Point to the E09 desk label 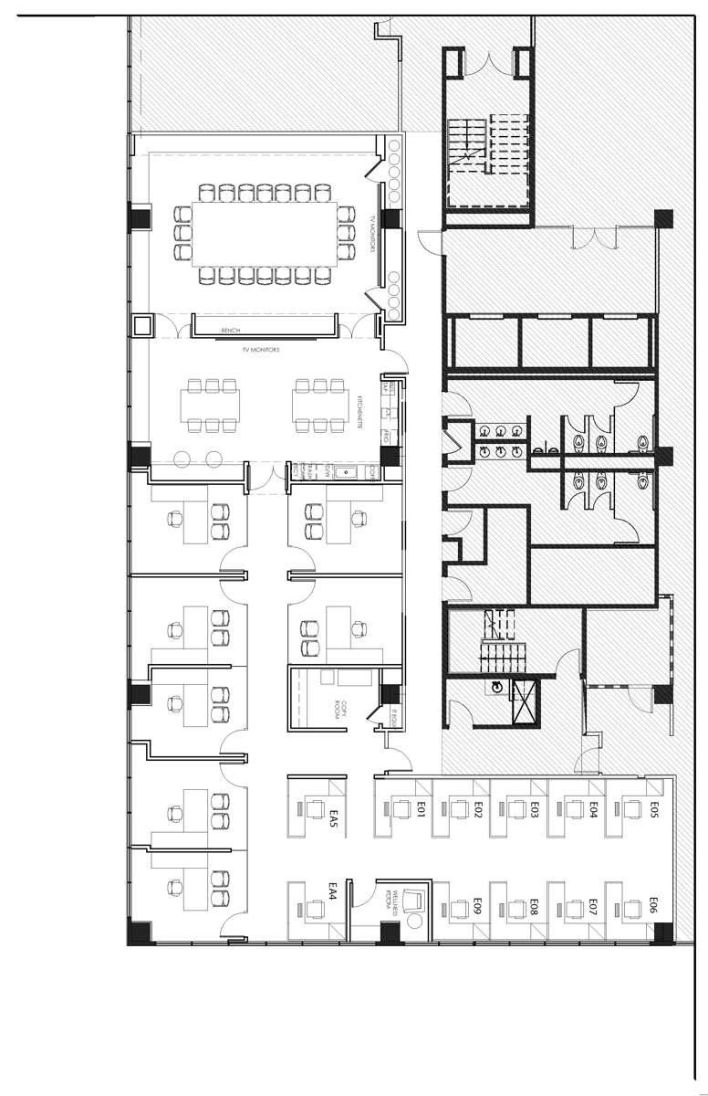coord(477,907)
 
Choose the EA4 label coord(334,891)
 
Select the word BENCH coord(229,331)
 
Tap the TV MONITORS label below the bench coord(259,349)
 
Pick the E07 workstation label coord(593,907)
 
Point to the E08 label coord(535,907)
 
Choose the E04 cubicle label coord(593,808)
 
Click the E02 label coord(477,808)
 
